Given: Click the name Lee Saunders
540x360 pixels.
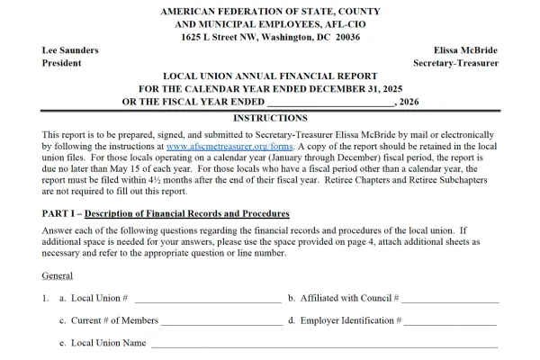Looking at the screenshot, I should (x=70, y=50).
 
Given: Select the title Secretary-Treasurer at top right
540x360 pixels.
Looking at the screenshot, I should (x=455, y=63).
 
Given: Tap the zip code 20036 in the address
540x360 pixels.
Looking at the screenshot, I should (x=343, y=37).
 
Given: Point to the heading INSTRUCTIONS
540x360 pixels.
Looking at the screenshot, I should (x=270, y=118).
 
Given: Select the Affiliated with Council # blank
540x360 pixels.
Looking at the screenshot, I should (x=451, y=298).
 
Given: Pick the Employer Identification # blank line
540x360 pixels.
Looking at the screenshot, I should (x=450, y=320).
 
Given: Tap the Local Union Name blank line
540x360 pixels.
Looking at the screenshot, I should (x=323, y=344).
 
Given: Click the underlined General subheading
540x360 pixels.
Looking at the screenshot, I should (x=57, y=275).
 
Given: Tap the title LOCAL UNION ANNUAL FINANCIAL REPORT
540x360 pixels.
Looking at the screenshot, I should (x=270, y=76).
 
